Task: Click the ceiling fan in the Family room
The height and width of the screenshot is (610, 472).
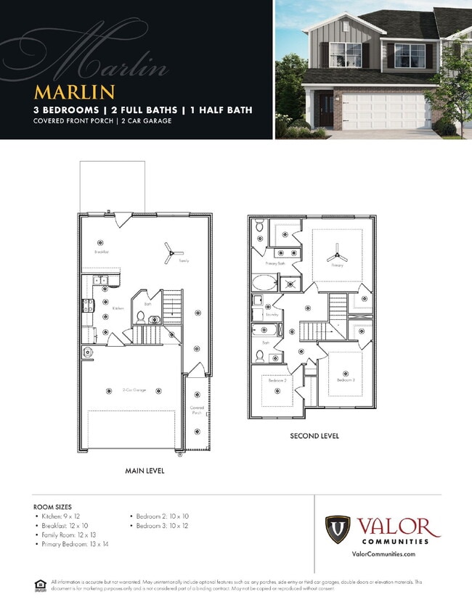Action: click(x=169, y=252)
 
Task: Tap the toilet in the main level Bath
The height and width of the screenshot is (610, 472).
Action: click(x=141, y=316)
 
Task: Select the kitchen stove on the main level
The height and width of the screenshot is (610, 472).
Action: click(x=87, y=307)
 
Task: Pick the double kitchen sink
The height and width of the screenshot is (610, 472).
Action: click(x=99, y=280)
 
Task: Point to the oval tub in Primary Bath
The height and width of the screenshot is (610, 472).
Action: click(x=264, y=284)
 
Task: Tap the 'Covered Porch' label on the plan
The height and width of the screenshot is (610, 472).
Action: click(x=197, y=409)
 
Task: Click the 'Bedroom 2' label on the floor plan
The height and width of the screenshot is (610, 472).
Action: click(x=277, y=381)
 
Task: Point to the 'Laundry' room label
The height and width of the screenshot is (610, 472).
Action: click(x=273, y=316)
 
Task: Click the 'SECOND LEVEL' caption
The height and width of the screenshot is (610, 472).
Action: click(x=314, y=437)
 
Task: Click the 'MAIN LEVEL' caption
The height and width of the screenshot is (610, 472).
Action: click(x=145, y=471)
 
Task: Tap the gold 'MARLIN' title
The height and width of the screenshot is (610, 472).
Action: click(x=74, y=92)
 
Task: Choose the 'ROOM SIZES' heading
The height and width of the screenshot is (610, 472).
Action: click(x=52, y=506)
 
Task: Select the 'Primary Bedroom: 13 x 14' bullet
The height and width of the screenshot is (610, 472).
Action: click(x=75, y=543)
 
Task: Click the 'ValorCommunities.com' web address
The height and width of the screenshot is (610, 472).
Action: click(x=383, y=554)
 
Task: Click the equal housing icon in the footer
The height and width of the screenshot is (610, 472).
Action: click(x=40, y=585)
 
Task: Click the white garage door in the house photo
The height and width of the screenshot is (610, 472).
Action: click(x=386, y=112)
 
